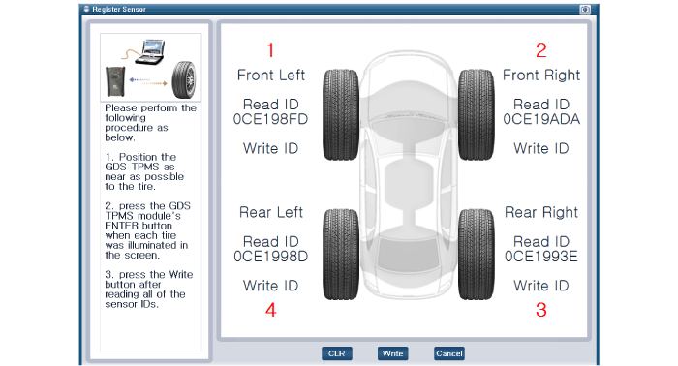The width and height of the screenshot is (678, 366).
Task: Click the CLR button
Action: point(336,353)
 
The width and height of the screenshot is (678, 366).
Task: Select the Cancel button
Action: point(448,353)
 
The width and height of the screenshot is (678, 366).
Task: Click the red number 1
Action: point(270,50)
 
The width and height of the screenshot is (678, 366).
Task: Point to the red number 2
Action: point(540,50)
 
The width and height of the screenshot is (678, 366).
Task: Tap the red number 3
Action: point(540,310)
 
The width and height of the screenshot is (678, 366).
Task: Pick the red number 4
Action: point(270,310)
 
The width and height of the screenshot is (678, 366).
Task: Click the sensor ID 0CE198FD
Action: point(270,119)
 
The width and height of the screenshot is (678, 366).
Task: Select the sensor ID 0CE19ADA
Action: point(541,119)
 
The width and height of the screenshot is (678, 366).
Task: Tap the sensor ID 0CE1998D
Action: point(270,257)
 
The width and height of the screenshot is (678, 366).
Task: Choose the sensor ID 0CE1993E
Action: point(540,257)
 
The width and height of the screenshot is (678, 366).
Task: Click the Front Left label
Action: point(271,76)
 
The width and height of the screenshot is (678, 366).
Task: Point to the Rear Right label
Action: point(541,212)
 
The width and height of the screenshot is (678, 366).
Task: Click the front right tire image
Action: point(477,114)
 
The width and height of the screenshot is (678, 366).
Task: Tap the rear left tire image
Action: point(341,255)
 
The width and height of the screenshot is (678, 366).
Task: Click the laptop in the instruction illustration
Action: point(149,52)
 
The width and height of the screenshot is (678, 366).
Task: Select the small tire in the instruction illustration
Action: point(184,80)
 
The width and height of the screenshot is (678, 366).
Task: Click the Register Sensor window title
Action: point(119,9)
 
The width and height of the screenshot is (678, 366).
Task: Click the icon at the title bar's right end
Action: point(585,9)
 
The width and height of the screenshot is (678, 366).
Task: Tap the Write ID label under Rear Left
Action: point(270,286)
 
